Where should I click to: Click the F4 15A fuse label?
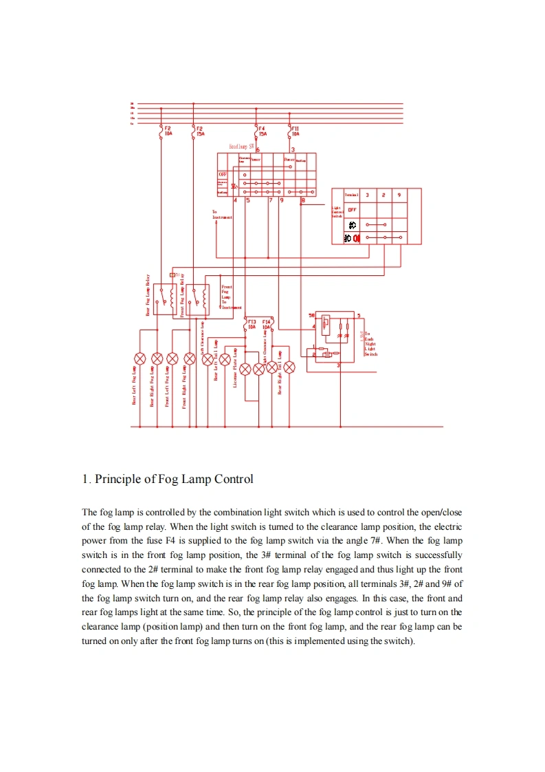click(x=263, y=131)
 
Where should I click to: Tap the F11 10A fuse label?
click(x=296, y=131)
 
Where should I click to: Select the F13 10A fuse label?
click(x=252, y=324)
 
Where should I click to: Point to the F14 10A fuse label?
click(x=267, y=324)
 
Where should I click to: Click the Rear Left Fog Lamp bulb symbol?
click(x=140, y=358)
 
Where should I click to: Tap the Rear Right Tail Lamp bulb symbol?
click(x=289, y=367)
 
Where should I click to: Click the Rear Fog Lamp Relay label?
click(x=148, y=296)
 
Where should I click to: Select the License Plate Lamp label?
click(x=235, y=367)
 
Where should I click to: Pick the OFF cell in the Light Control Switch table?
click(x=352, y=210)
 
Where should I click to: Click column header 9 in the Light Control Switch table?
click(x=399, y=195)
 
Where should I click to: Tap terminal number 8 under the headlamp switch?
click(x=303, y=201)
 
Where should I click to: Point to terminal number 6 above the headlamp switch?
click(x=258, y=149)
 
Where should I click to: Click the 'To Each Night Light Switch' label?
click(x=370, y=344)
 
